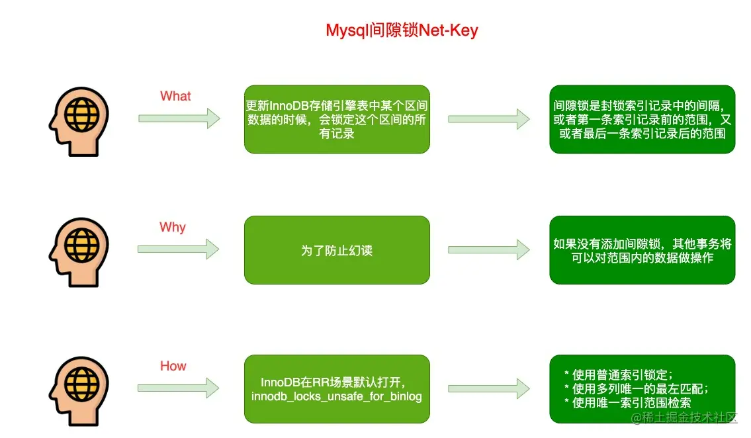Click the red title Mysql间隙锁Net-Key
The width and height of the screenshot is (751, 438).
pyautogui.click(x=402, y=30)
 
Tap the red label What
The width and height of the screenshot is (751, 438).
pyautogui.click(x=175, y=96)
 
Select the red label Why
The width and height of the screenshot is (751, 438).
pyautogui.click(x=173, y=227)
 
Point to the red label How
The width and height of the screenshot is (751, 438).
pyautogui.click(x=173, y=366)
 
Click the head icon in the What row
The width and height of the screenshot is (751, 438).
pyautogui.click(x=79, y=122)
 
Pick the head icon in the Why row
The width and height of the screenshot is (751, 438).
pyautogui.click(x=79, y=252)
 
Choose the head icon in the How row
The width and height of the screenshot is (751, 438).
pyautogui.click(x=79, y=391)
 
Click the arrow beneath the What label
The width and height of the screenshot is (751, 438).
pyautogui.click(x=179, y=118)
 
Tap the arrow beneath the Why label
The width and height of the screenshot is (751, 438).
pyautogui.click(x=178, y=249)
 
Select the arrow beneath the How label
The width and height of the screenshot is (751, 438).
pyautogui.click(x=178, y=388)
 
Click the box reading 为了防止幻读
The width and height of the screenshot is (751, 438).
pyautogui.click(x=337, y=250)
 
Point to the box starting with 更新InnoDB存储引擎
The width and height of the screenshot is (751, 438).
pyautogui.click(x=337, y=119)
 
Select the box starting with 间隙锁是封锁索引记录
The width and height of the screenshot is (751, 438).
pyautogui.click(x=642, y=119)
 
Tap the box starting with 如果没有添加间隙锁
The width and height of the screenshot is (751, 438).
pyautogui.click(x=642, y=250)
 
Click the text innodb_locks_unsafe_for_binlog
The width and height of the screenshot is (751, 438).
pyautogui.click(x=337, y=396)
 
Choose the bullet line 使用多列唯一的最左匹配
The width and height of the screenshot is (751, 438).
pyautogui.click(x=637, y=388)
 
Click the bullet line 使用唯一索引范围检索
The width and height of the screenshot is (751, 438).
pyautogui.click(x=627, y=402)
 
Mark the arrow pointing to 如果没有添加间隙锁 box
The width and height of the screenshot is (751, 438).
pyautogui.click(x=489, y=249)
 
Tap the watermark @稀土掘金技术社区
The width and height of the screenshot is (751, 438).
pyautogui.click(x=684, y=417)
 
